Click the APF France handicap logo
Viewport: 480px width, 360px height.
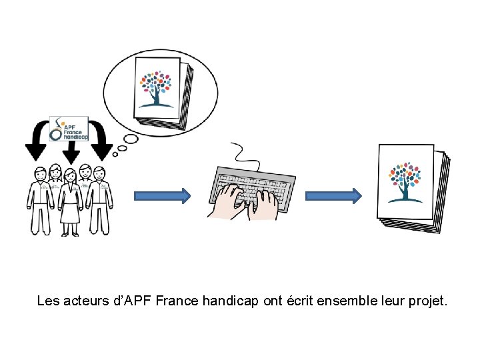tap(69, 129)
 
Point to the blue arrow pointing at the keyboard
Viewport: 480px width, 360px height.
tap(163, 195)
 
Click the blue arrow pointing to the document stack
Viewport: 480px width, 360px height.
tap(333, 195)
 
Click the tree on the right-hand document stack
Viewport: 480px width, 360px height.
tap(405, 180)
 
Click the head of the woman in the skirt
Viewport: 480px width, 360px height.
tap(69, 175)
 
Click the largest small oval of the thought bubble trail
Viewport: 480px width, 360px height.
tap(131, 139)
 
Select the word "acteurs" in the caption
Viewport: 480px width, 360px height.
tap(85, 301)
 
